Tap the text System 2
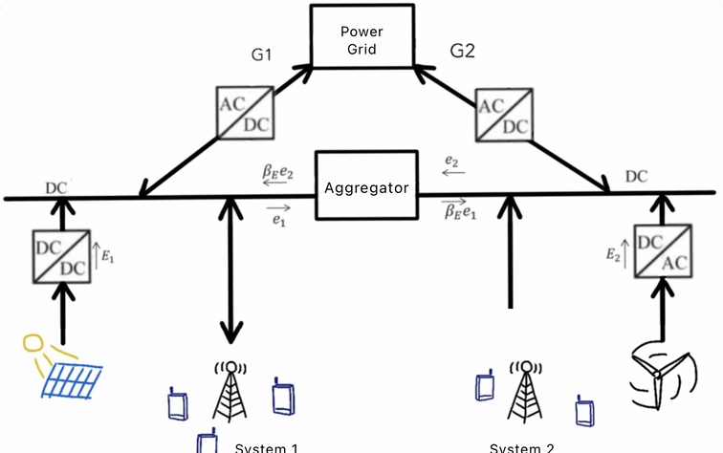[520, 446]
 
